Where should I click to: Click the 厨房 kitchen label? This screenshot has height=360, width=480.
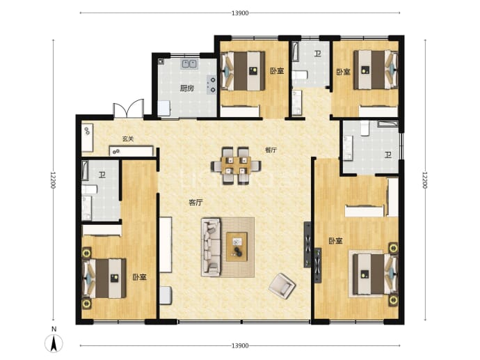click(186, 88)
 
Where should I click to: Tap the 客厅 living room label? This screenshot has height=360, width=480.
click(196, 203)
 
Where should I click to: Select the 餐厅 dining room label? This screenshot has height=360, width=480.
click(271, 150)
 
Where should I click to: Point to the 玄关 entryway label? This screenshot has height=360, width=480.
click(128, 139)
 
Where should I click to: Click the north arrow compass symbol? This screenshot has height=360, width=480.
click(54, 343)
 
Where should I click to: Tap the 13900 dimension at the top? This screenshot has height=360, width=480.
click(240, 13)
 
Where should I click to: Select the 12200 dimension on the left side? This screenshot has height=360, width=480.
click(54, 180)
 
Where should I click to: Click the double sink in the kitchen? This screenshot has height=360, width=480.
click(189, 64)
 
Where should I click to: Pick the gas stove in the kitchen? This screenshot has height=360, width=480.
click(211, 84)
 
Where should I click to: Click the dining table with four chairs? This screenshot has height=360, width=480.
click(236, 166)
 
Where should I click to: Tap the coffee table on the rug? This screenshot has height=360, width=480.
click(237, 246)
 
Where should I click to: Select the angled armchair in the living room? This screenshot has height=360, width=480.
click(282, 286)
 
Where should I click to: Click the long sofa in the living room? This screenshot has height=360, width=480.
click(211, 247)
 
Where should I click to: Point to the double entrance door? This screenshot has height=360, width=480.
click(129, 109)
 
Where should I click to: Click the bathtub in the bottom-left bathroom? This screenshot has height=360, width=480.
click(85, 171)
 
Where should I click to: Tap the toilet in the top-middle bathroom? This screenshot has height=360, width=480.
click(299, 75)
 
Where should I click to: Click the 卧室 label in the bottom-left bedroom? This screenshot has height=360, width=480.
click(140, 277)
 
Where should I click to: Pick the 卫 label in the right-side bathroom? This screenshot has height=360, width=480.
click(388, 155)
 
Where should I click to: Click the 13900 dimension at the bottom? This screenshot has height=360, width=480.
click(240, 345)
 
